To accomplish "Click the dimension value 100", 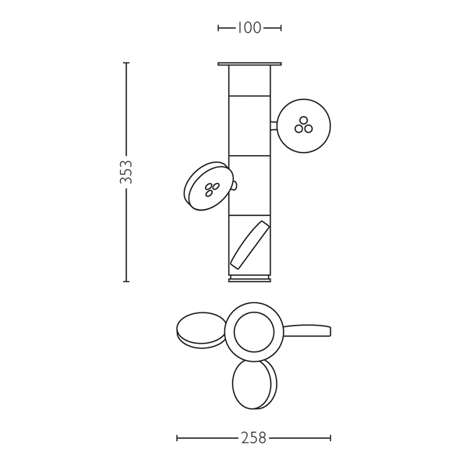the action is click(249, 28).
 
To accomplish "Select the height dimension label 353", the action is click(126, 172).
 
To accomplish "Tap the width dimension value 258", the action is click(253, 438).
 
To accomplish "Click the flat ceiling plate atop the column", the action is click(250, 64).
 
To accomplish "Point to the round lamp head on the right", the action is click(303, 126).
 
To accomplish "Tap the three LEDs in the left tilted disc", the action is click(212, 190).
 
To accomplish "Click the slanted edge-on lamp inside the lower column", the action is click(250, 245).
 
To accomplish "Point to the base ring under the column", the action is click(250, 279).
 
